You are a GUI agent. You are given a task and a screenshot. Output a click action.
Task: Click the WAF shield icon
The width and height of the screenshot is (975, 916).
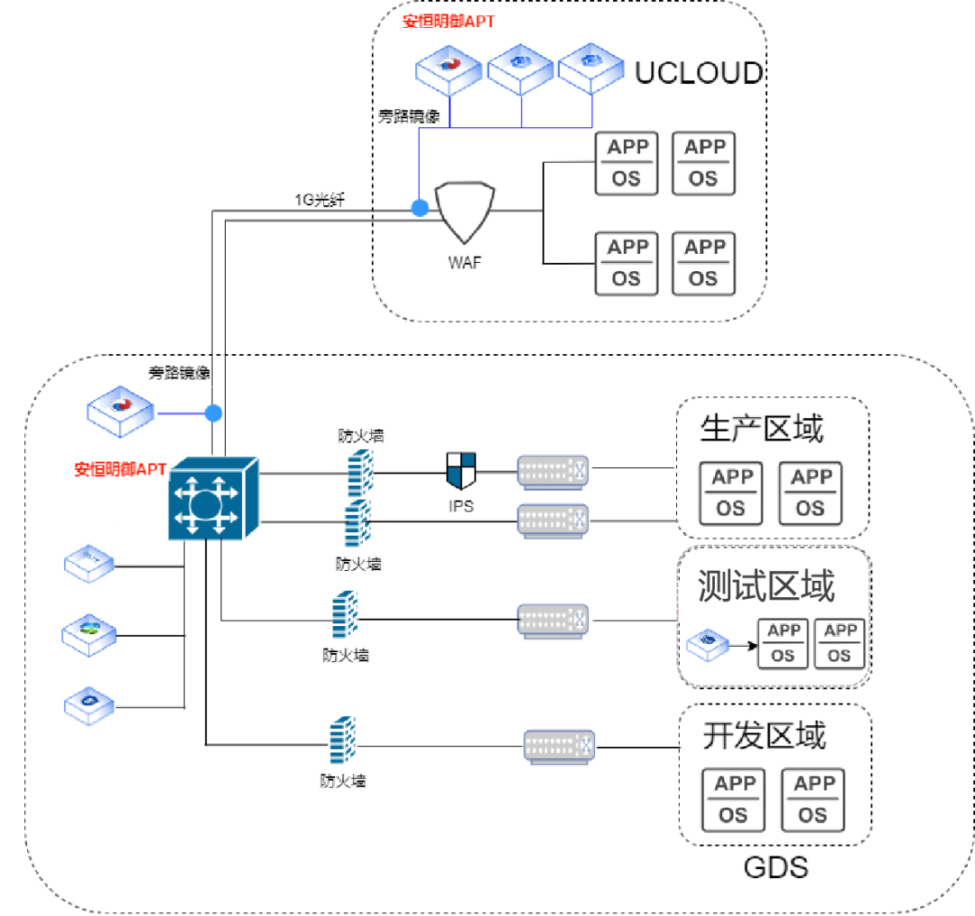click(465, 213)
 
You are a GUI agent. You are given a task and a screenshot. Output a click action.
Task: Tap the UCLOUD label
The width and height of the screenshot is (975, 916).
click(699, 73)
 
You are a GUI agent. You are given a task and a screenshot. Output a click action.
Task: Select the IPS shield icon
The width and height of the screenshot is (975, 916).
click(460, 471)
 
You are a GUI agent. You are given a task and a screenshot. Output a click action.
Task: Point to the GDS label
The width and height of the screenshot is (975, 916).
click(775, 868)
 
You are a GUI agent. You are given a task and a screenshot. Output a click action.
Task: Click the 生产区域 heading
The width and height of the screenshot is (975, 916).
click(761, 429)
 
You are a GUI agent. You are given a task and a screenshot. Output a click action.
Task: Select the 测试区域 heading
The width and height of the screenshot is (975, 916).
click(766, 587)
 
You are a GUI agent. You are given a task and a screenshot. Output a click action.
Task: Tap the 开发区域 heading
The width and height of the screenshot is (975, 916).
click(764, 736)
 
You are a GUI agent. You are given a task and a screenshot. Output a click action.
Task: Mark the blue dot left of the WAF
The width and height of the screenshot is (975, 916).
click(420, 209)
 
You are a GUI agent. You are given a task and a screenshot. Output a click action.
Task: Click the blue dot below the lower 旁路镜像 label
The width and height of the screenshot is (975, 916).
click(213, 414)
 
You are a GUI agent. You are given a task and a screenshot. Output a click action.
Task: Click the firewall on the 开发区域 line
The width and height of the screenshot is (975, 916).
click(340, 741)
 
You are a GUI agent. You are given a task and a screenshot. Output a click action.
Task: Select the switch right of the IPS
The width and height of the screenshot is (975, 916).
click(552, 472)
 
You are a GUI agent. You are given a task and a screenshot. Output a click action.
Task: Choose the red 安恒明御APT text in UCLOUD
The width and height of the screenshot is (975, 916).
click(448, 21)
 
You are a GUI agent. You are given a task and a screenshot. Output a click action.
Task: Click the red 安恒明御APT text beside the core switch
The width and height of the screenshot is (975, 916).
click(119, 469)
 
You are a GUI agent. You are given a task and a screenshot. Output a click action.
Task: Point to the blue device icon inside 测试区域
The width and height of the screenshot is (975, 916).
click(708, 643)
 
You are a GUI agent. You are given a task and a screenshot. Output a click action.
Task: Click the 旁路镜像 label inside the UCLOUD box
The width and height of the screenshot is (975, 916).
click(408, 117)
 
